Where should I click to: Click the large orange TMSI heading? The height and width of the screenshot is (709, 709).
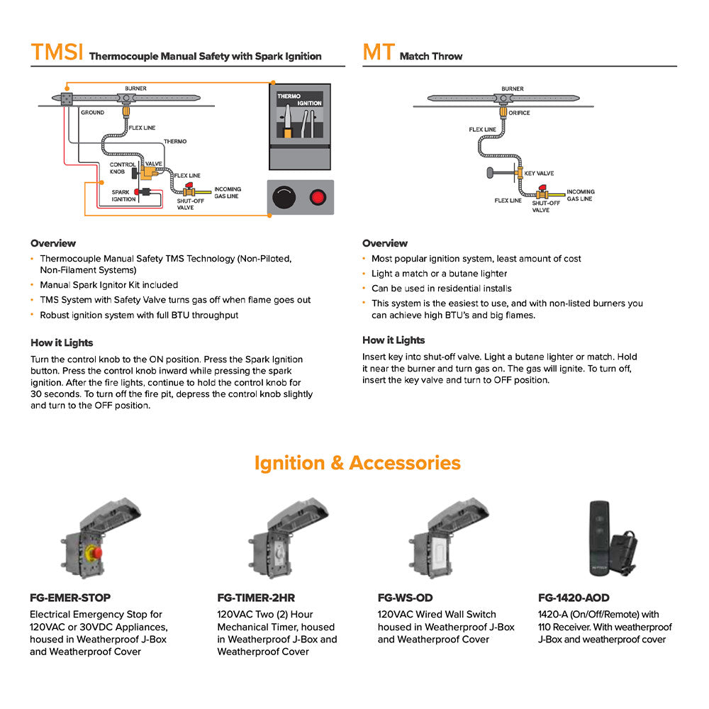(57, 52)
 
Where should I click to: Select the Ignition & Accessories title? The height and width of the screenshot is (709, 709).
(357, 463)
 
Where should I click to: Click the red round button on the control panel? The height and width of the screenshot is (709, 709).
(318, 197)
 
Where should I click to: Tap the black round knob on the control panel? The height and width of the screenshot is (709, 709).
(285, 197)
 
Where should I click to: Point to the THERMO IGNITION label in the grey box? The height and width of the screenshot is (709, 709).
(298, 99)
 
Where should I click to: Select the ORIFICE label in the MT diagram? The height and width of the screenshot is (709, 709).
(519, 113)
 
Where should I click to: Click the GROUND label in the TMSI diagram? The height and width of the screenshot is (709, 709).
(92, 112)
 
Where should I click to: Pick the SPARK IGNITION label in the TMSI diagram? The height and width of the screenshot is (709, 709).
(123, 195)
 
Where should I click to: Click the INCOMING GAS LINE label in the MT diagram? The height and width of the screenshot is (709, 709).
(580, 195)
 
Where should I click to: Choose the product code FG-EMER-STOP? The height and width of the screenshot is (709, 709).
(70, 598)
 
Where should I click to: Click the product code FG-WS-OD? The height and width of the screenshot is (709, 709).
(405, 598)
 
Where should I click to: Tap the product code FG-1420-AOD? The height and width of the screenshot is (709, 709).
(574, 598)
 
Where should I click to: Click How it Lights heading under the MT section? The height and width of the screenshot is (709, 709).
(393, 340)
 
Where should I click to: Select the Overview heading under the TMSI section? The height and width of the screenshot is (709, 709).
(53, 243)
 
